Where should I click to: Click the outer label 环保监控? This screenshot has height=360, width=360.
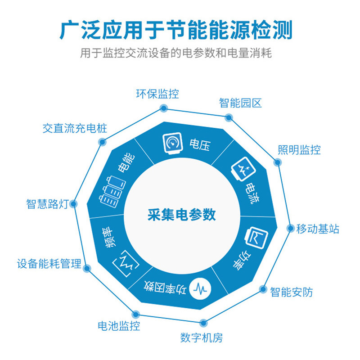pos(157,94)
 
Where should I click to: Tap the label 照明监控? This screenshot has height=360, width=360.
pos(299,150)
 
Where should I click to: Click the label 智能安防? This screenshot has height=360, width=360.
pos(291,292)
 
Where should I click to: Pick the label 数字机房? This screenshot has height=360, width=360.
pos(201,337)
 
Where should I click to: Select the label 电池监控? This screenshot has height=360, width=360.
pos(118,325)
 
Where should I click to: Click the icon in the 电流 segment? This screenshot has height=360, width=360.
pos(241,171)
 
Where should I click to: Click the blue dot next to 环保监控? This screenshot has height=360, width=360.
pos(164,108)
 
